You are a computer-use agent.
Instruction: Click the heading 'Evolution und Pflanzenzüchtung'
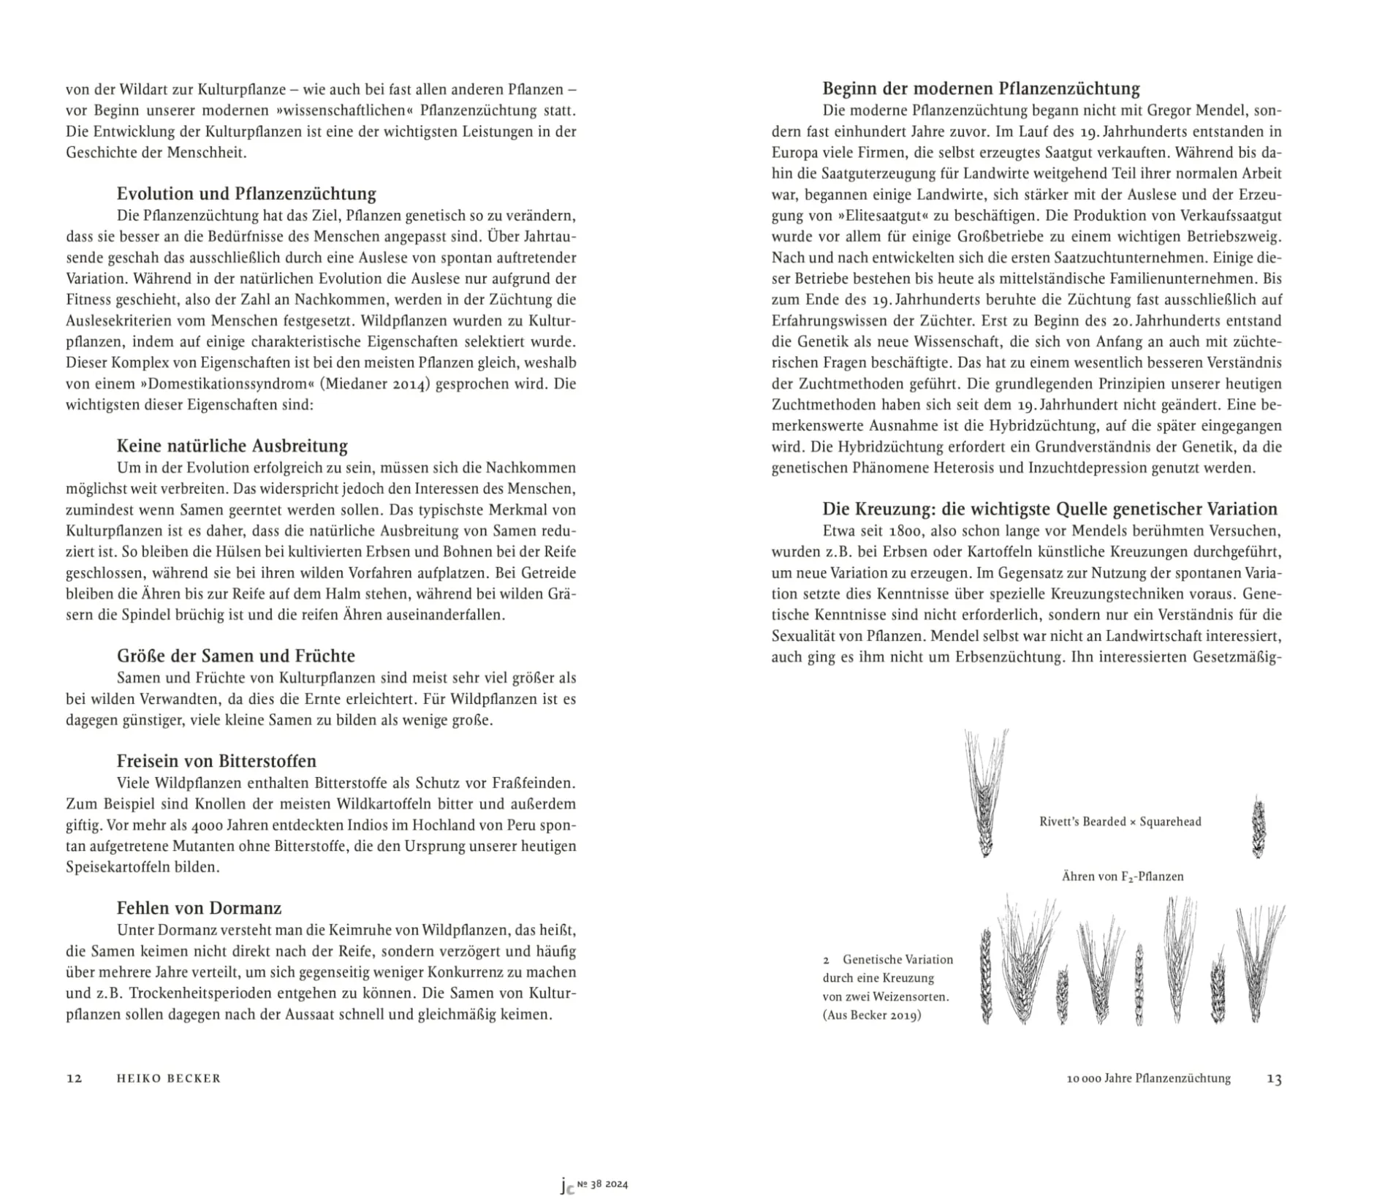246,194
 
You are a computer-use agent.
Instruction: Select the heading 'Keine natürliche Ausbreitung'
232,446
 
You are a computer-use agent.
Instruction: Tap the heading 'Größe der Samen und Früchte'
235,656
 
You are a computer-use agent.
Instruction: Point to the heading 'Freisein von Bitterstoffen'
216,761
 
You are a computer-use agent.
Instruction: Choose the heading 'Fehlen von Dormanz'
199,908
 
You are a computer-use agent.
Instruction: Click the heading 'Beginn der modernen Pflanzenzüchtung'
981,88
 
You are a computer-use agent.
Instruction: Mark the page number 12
74,1078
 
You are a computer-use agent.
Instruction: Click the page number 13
1274,1079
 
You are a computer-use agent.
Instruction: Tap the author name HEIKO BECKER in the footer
168,1078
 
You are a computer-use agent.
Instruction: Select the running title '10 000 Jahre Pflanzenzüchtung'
1148,1078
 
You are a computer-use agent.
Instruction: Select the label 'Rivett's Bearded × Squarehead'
1120,822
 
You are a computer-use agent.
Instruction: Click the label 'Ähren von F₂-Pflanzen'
1122,876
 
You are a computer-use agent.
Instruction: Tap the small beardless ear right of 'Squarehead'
1258,827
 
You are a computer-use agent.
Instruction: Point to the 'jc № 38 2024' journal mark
594,1185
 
